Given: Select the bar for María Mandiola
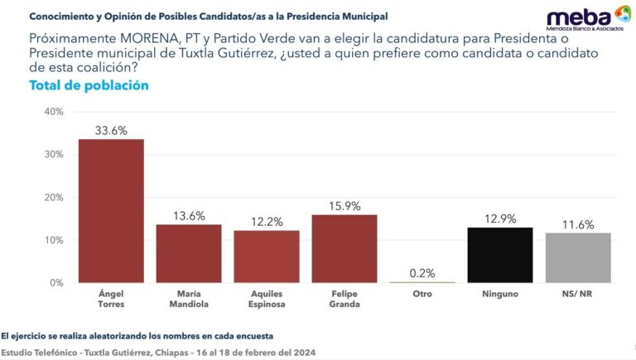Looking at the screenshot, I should (189, 253).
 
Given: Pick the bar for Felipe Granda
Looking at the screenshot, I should (344, 248).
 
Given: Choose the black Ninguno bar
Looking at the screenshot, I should (499, 255).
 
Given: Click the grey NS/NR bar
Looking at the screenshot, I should (577, 257).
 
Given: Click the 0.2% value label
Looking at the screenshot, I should (422, 272).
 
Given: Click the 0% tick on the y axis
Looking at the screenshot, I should (55, 283).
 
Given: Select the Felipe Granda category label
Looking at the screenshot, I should (344, 297).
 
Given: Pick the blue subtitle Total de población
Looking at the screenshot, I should (89, 85).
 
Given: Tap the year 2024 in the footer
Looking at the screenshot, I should (301, 353).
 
